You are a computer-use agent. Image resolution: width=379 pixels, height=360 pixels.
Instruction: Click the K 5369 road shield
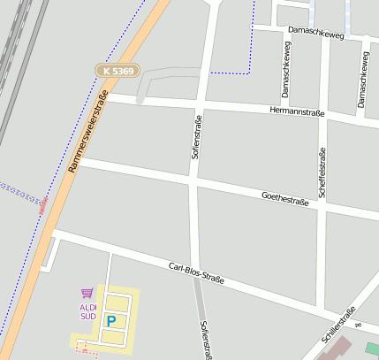[117, 70]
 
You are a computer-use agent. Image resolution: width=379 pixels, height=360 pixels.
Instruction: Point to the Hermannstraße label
[297, 111]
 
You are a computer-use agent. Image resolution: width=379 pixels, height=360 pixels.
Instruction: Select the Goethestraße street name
[285, 199]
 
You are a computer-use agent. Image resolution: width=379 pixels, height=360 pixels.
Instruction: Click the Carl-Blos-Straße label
[196, 272]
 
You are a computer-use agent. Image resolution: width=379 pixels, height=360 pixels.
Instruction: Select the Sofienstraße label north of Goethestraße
[197, 136]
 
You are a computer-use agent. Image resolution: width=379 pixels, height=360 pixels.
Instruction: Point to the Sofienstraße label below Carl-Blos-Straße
[206, 340]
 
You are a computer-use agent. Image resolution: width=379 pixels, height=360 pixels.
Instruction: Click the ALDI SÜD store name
[87, 311]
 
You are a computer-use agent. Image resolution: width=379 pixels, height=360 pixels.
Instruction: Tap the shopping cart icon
[87, 293]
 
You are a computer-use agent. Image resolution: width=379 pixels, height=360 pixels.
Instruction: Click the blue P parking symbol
[110, 321]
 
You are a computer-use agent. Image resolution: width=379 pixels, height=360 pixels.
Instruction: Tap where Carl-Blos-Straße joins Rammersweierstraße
[53, 232]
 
